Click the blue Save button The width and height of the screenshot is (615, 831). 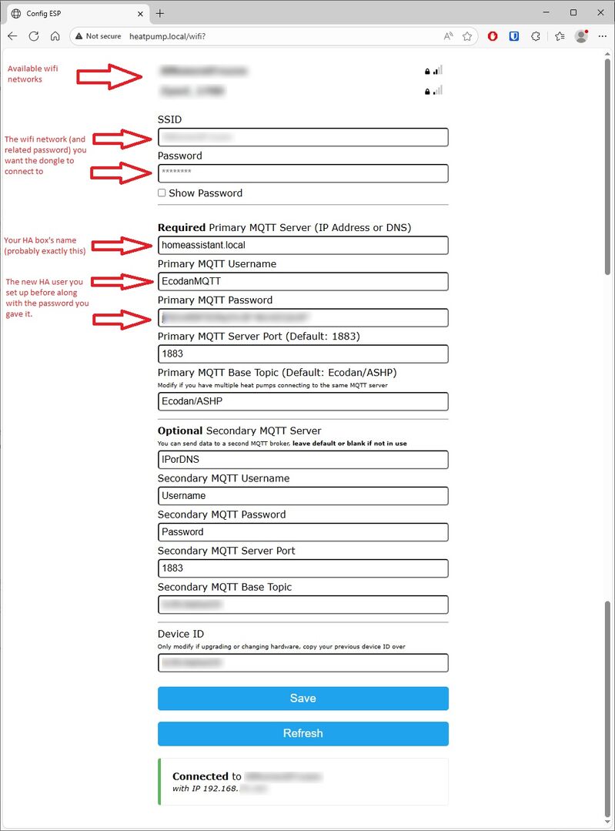[x=302, y=699]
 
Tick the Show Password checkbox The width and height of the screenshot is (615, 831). [x=162, y=193]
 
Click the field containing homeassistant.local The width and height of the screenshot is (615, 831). [x=302, y=245]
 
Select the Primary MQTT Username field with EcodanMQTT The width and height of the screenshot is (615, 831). [x=302, y=281]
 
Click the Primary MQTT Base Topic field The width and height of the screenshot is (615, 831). [x=302, y=401]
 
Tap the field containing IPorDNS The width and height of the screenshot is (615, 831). [x=302, y=460]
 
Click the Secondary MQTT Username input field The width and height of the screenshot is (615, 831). [x=302, y=496]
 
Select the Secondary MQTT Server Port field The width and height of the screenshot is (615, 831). [x=302, y=568]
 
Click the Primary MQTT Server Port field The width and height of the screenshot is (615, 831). [x=302, y=354]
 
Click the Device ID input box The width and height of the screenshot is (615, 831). [x=302, y=662]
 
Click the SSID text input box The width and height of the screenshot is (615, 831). [x=302, y=137]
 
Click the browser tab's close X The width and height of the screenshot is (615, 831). [x=140, y=14]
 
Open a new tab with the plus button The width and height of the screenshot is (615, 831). [x=160, y=13]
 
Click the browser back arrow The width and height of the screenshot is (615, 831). [x=12, y=36]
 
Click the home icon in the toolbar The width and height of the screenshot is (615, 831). [x=55, y=36]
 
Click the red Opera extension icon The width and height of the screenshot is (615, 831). [x=493, y=36]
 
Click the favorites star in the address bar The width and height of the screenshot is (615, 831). [x=467, y=36]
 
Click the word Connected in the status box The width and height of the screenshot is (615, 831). [x=200, y=776]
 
